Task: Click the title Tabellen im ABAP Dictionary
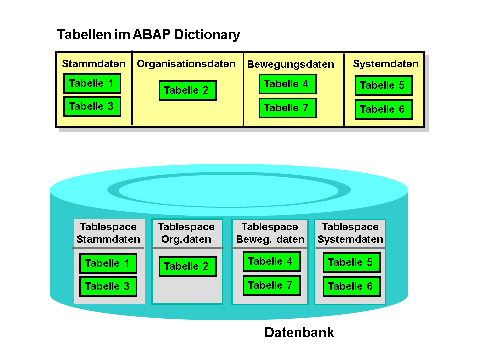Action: tap(149, 35)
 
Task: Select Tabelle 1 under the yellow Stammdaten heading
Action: tap(92, 83)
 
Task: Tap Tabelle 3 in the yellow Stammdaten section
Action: tap(92, 107)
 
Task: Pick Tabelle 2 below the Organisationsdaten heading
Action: tap(188, 90)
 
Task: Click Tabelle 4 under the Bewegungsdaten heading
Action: tap(288, 84)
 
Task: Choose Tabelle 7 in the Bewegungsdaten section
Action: tap(288, 108)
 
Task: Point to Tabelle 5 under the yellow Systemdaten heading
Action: tap(384, 85)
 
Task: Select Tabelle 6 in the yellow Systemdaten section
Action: tap(384, 109)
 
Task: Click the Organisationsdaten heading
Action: tap(186, 64)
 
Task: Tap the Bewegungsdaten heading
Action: tap(291, 64)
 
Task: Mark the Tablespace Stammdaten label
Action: tap(108, 233)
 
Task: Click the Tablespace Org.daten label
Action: tap(186, 233)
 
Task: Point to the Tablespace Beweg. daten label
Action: tap(270, 233)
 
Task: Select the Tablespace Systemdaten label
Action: tap(350, 233)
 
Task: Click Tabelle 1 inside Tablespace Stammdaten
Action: tap(108, 263)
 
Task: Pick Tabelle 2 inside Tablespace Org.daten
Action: tap(188, 266)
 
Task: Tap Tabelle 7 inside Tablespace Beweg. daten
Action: tap(272, 285)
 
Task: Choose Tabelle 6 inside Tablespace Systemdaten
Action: tap(352, 286)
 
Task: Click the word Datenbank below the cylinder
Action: tap(299, 333)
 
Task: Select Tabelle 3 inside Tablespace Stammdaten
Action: tap(108, 286)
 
